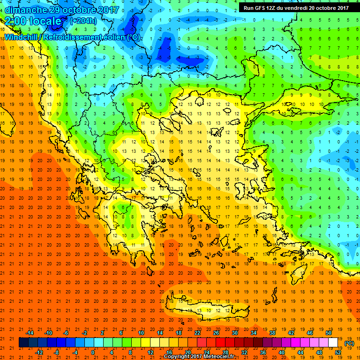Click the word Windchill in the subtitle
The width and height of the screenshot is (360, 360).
click(22, 37)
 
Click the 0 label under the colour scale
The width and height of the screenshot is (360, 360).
click(93, 352)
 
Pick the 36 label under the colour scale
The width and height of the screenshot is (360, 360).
click(262, 352)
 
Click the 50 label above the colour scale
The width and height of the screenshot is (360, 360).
click(328, 332)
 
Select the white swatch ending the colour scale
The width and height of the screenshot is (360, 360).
click(333, 343)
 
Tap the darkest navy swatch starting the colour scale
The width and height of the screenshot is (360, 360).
click(23, 343)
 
